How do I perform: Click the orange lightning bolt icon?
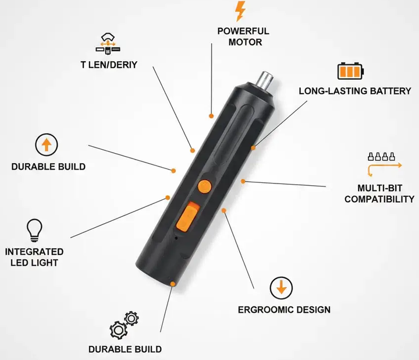pyautogui.click(x=240, y=11)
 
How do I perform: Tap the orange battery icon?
pyautogui.click(x=350, y=71)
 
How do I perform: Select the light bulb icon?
pyautogui.click(x=34, y=230)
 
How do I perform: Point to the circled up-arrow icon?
pyautogui.click(x=47, y=144)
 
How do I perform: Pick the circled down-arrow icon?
pyautogui.click(x=281, y=288)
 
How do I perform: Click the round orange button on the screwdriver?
pyautogui.click(x=205, y=186)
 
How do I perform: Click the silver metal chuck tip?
pyautogui.click(x=265, y=79)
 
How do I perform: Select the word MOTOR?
pyautogui.click(x=245, y=43)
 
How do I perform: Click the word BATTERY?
pyautogui.click(x=390, y=91)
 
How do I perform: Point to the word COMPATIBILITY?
pyautogui.click(x=379, y=199)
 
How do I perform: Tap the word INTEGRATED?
pyautogui.click(x=34, y=252)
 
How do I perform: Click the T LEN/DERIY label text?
pyautogui.click(x=109, y=65)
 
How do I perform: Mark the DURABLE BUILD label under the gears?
pyautogui.click(x=125, y=350)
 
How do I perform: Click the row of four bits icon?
pyautogui.click(x=381, y=157)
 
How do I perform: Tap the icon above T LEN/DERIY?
pyautogui.click(x=108, y=44)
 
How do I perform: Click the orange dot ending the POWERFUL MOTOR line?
pyautogui.click(x=211, y=116)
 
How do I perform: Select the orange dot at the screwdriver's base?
pyautogui.click(x=173, y=284)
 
